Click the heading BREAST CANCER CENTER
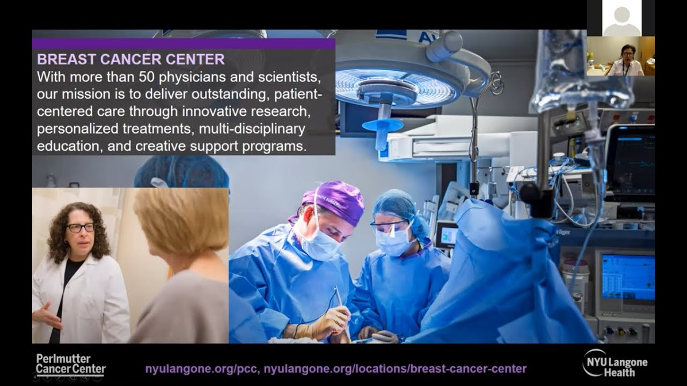130,59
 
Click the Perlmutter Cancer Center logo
70,365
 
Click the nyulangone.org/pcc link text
202,369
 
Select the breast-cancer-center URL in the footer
396,369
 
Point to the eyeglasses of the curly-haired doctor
81,227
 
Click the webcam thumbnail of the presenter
620,56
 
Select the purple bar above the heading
184,43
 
